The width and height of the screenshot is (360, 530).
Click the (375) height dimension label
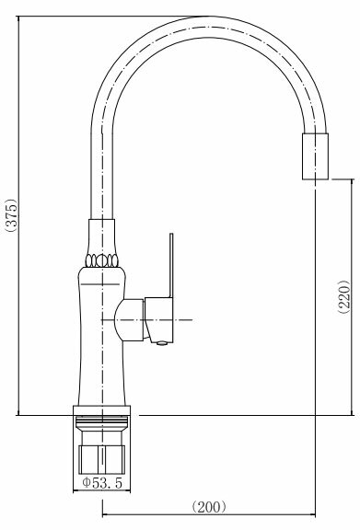(x=11, y=215)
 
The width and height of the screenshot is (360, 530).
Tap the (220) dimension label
(x=345, y=297)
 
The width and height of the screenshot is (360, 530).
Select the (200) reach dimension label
(x=209, y=507)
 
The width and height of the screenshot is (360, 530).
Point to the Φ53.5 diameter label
(x=102, y=483)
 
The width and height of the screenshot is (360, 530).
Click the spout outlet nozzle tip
(x=315, y=156)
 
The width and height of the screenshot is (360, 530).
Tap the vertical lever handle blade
(x=171, y=265)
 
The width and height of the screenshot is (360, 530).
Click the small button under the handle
(x=162, y=343)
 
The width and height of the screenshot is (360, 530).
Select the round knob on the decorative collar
(x=101, y=260)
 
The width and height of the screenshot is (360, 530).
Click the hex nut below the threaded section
(x=102, y=459)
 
